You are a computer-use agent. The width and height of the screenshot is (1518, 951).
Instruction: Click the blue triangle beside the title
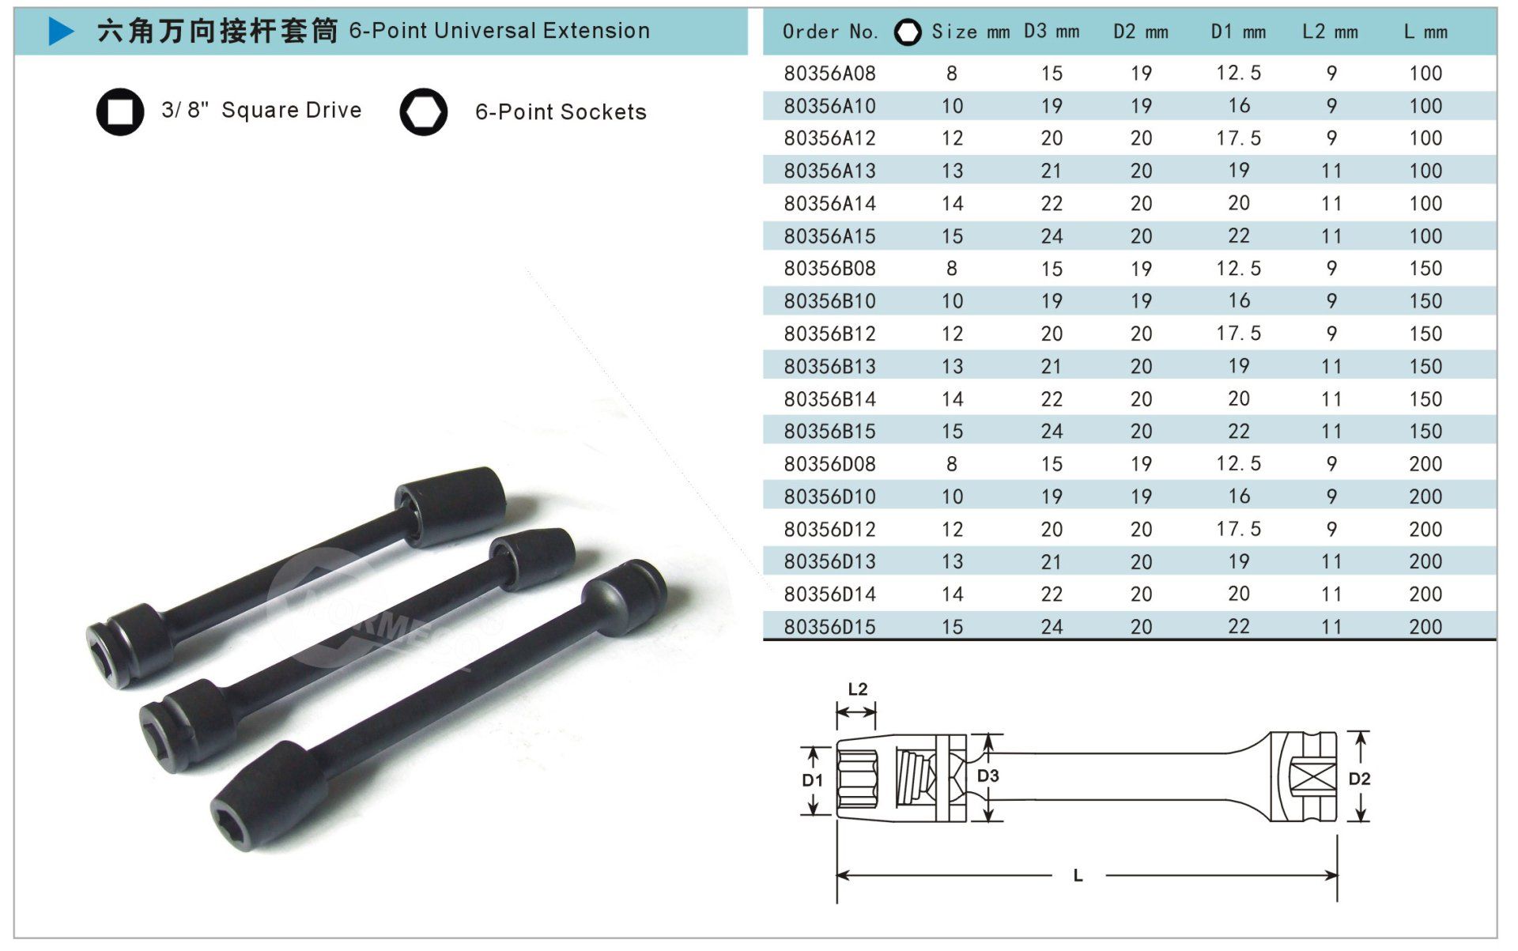[x=61, y=32]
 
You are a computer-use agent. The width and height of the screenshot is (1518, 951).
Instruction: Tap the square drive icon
[x=120, y=111]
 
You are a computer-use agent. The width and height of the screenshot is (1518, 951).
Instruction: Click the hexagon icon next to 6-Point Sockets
[x=424, y=111]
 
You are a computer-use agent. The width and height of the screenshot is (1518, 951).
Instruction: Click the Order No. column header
[x=830, y=32]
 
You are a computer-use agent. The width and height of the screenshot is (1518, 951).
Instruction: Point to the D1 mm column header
[x=1238, y=32]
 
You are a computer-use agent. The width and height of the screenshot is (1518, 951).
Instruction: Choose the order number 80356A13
[x=830, y=171]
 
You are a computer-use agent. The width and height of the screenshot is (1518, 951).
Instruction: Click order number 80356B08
[x=830, y=269]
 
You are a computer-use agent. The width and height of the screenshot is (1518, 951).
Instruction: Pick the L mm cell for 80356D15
[x=1425, y=627]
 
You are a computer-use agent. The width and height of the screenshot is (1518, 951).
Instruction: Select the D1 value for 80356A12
[x=1239, y=138]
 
